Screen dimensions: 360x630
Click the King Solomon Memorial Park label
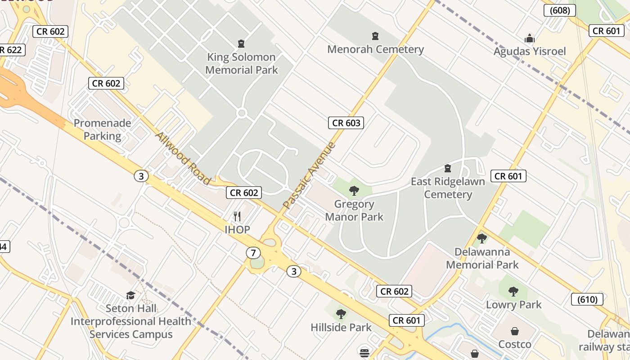point(242,63)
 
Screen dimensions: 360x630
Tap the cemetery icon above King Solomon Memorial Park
point(242,44)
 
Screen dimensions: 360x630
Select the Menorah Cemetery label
point(375,49)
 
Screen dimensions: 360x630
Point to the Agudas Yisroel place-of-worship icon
point(530,39)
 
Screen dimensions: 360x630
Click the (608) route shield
point(559,10)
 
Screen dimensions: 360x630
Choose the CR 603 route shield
point(346,122)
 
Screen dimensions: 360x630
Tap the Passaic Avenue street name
point(310,175)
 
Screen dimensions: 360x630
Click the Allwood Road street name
point(183,158)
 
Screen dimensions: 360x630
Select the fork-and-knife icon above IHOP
point(237,216)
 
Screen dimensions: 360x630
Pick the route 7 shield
point(253,253)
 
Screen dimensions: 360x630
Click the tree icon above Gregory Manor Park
point(354,191)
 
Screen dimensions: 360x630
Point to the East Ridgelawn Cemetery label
point(448,188)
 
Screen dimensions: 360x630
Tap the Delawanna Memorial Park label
point(482,258)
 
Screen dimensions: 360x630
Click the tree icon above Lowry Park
point(513,292)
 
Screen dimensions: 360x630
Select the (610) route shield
point(587,299)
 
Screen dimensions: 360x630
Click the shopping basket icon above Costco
point(514,331)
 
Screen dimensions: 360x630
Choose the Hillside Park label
point(341,327)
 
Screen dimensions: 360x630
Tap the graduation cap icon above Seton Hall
point(130,295)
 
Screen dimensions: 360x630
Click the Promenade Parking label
point(103,130)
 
